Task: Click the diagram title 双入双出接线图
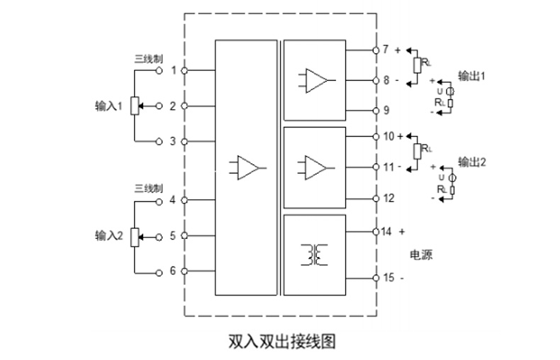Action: (281, 341)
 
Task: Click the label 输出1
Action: (472, 76)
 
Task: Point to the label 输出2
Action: (472, 162)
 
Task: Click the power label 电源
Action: (421, 255)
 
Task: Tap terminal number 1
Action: (172, 71)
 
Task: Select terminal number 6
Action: (172, 271)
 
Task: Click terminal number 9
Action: (386, 111)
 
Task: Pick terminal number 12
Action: (388, 198)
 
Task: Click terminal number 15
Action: (388, 278)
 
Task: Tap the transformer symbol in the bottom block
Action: (314, 255)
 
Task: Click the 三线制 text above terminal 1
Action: (149, 58)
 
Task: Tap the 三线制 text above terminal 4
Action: (149, 189)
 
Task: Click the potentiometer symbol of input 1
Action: (135, 106)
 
